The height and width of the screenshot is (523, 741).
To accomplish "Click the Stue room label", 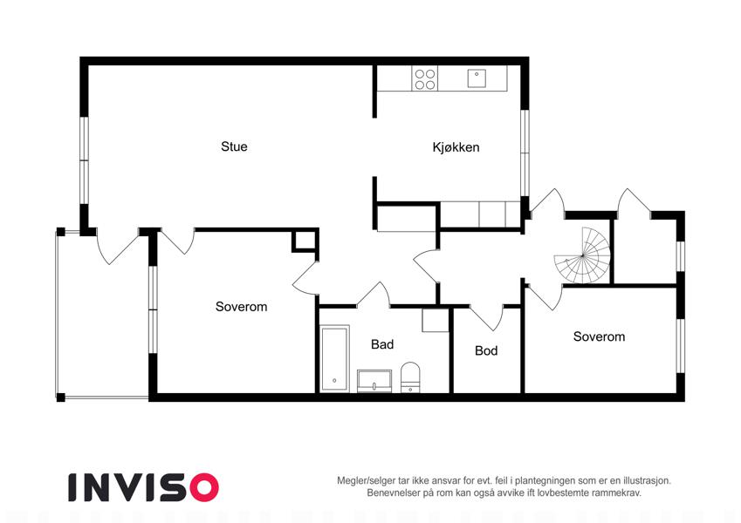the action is pos(234,146).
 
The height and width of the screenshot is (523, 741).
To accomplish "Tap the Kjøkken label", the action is pos(456,147).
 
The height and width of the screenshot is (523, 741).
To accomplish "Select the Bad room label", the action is pos(381,344).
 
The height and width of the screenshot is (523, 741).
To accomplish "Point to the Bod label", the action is pos(486,350).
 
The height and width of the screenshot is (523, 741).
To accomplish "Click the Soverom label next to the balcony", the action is pos(241,307).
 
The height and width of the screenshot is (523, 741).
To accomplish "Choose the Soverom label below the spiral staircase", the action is pos(599,336).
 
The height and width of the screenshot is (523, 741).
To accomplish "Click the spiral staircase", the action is pos(582,255).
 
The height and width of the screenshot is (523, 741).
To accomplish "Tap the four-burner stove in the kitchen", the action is pos(425,78).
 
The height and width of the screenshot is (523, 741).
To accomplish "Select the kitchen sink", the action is pos(477,78).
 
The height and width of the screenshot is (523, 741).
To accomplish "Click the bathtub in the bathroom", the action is pos(334,359).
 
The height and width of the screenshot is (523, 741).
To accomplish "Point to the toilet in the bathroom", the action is pos(410,377).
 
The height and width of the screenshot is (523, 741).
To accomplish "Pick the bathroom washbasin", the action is pos(374,381).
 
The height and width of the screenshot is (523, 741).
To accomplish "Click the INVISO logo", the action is pos(144,487).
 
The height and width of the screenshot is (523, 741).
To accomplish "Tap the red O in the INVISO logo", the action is pos(204,487).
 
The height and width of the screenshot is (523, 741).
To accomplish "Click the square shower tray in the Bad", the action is pos(436,321).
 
